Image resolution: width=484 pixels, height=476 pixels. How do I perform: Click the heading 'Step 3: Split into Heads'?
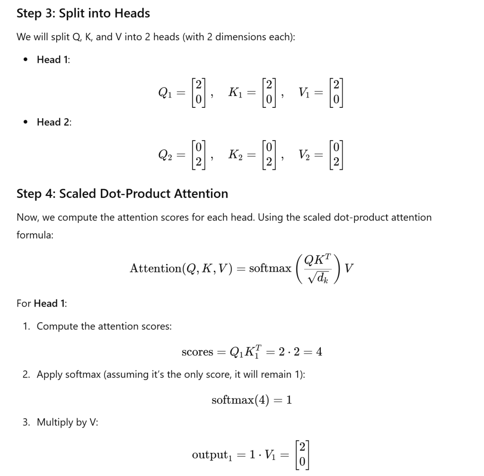[83, 13]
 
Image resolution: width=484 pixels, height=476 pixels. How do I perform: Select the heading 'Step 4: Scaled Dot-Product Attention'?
[122, 194]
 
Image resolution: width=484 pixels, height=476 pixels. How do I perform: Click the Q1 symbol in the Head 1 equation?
[165, 93]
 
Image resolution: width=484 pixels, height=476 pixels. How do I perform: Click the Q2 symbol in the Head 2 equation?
[165, 155]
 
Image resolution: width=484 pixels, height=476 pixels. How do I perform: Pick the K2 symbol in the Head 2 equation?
[236, 155]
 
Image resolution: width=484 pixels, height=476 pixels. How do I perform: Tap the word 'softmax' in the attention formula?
[270, 269]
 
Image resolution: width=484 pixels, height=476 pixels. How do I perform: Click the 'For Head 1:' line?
[42, 303]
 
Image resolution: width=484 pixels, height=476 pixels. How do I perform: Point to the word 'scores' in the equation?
[197, 352]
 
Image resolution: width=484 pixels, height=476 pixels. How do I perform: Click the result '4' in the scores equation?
[318, 352]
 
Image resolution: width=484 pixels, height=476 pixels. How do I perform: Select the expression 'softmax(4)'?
[239, 400]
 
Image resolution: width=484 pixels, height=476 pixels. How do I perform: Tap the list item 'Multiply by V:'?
[67, 423]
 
